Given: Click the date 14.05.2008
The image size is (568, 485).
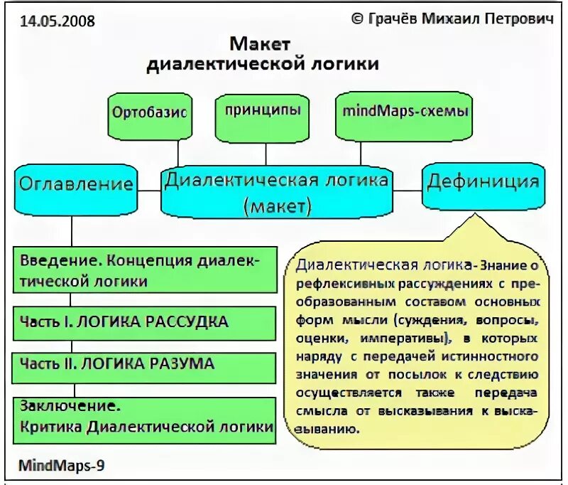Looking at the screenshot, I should tap(57, 20).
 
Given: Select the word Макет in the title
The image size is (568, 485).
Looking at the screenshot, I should tap(260, 44).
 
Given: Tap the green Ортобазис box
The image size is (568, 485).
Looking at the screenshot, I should tap(149, 115).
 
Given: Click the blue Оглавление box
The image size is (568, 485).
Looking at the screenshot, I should tap(75, 185).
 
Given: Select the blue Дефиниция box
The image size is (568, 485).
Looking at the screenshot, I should tap(483, 181).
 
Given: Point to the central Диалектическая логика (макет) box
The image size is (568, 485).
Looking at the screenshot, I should tap(277, 192).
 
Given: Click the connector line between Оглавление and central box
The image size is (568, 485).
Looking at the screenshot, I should tap(149, 190).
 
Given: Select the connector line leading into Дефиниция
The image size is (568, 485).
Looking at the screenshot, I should tap(408, 190).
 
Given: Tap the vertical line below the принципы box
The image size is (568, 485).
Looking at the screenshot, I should tap(266, 153).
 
